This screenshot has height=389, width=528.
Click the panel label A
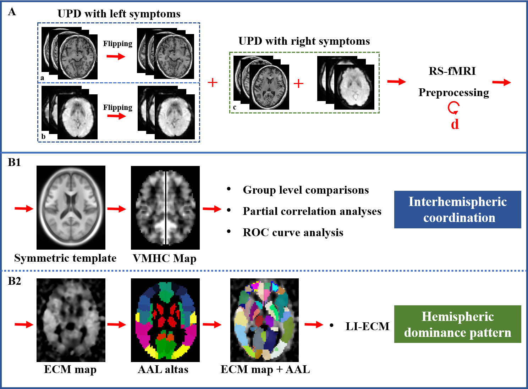click(12, 12)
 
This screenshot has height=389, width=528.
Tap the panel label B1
click(15, 162)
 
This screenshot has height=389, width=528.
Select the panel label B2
click(15, 281)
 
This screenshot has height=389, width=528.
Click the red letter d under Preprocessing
click(455, 124)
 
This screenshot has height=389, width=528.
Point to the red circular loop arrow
click(453, 107)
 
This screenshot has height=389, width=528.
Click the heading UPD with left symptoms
click(119, 14)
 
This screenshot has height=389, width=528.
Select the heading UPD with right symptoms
click(304, 41)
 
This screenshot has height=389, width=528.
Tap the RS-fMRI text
click(452, 71)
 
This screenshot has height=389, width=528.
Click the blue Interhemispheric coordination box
click(457, 209)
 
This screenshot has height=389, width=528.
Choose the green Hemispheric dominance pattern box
click(457, 324)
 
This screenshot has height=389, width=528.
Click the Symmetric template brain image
click(71, 207)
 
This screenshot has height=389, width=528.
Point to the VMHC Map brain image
click(165, 207)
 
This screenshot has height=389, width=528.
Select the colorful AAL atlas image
click(165, 320)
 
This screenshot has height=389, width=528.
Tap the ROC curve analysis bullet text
click(293, 233)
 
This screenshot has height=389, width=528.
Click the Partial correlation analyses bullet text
click(312, 211)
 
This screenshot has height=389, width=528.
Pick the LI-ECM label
click(367, 326)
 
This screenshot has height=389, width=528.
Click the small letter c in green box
click(235, 107)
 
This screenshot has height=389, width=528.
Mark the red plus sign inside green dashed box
click(298, 84)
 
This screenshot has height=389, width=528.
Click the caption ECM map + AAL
click(265, 369)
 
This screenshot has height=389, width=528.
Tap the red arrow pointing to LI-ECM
click(314, 324)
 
